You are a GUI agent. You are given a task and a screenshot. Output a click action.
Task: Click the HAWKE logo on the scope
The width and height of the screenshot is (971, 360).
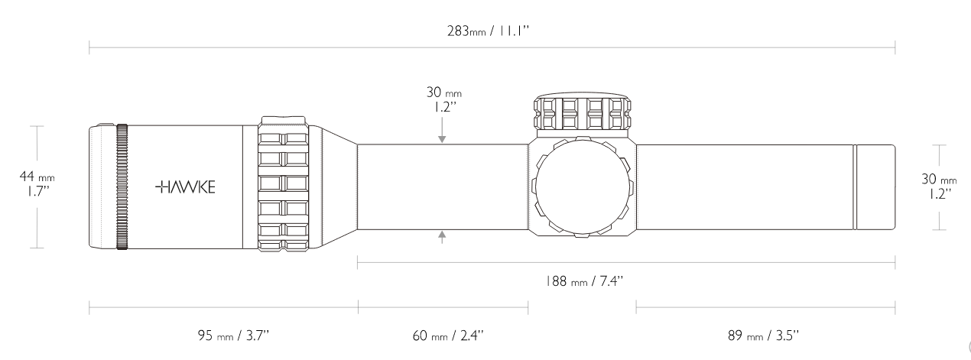[x=185, y=186]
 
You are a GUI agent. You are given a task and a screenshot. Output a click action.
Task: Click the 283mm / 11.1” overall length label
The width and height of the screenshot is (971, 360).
[x=489, y=31]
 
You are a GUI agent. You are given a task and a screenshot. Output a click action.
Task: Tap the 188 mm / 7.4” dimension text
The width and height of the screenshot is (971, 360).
[x=584, y=281]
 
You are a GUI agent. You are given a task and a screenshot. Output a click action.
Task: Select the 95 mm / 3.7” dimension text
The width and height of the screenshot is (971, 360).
[x=234, y=336]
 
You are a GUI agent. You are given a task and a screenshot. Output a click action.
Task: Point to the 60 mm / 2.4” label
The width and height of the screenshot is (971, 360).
[x=448, y=336]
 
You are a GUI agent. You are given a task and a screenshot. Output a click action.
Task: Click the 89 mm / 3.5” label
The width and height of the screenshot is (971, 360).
[x=763, y=336]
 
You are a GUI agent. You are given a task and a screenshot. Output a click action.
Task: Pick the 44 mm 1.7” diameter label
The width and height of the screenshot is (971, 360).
[x=37, y=183]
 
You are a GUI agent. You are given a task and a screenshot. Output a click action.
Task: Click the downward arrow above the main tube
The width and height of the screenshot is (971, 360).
[x=442, y=130]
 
